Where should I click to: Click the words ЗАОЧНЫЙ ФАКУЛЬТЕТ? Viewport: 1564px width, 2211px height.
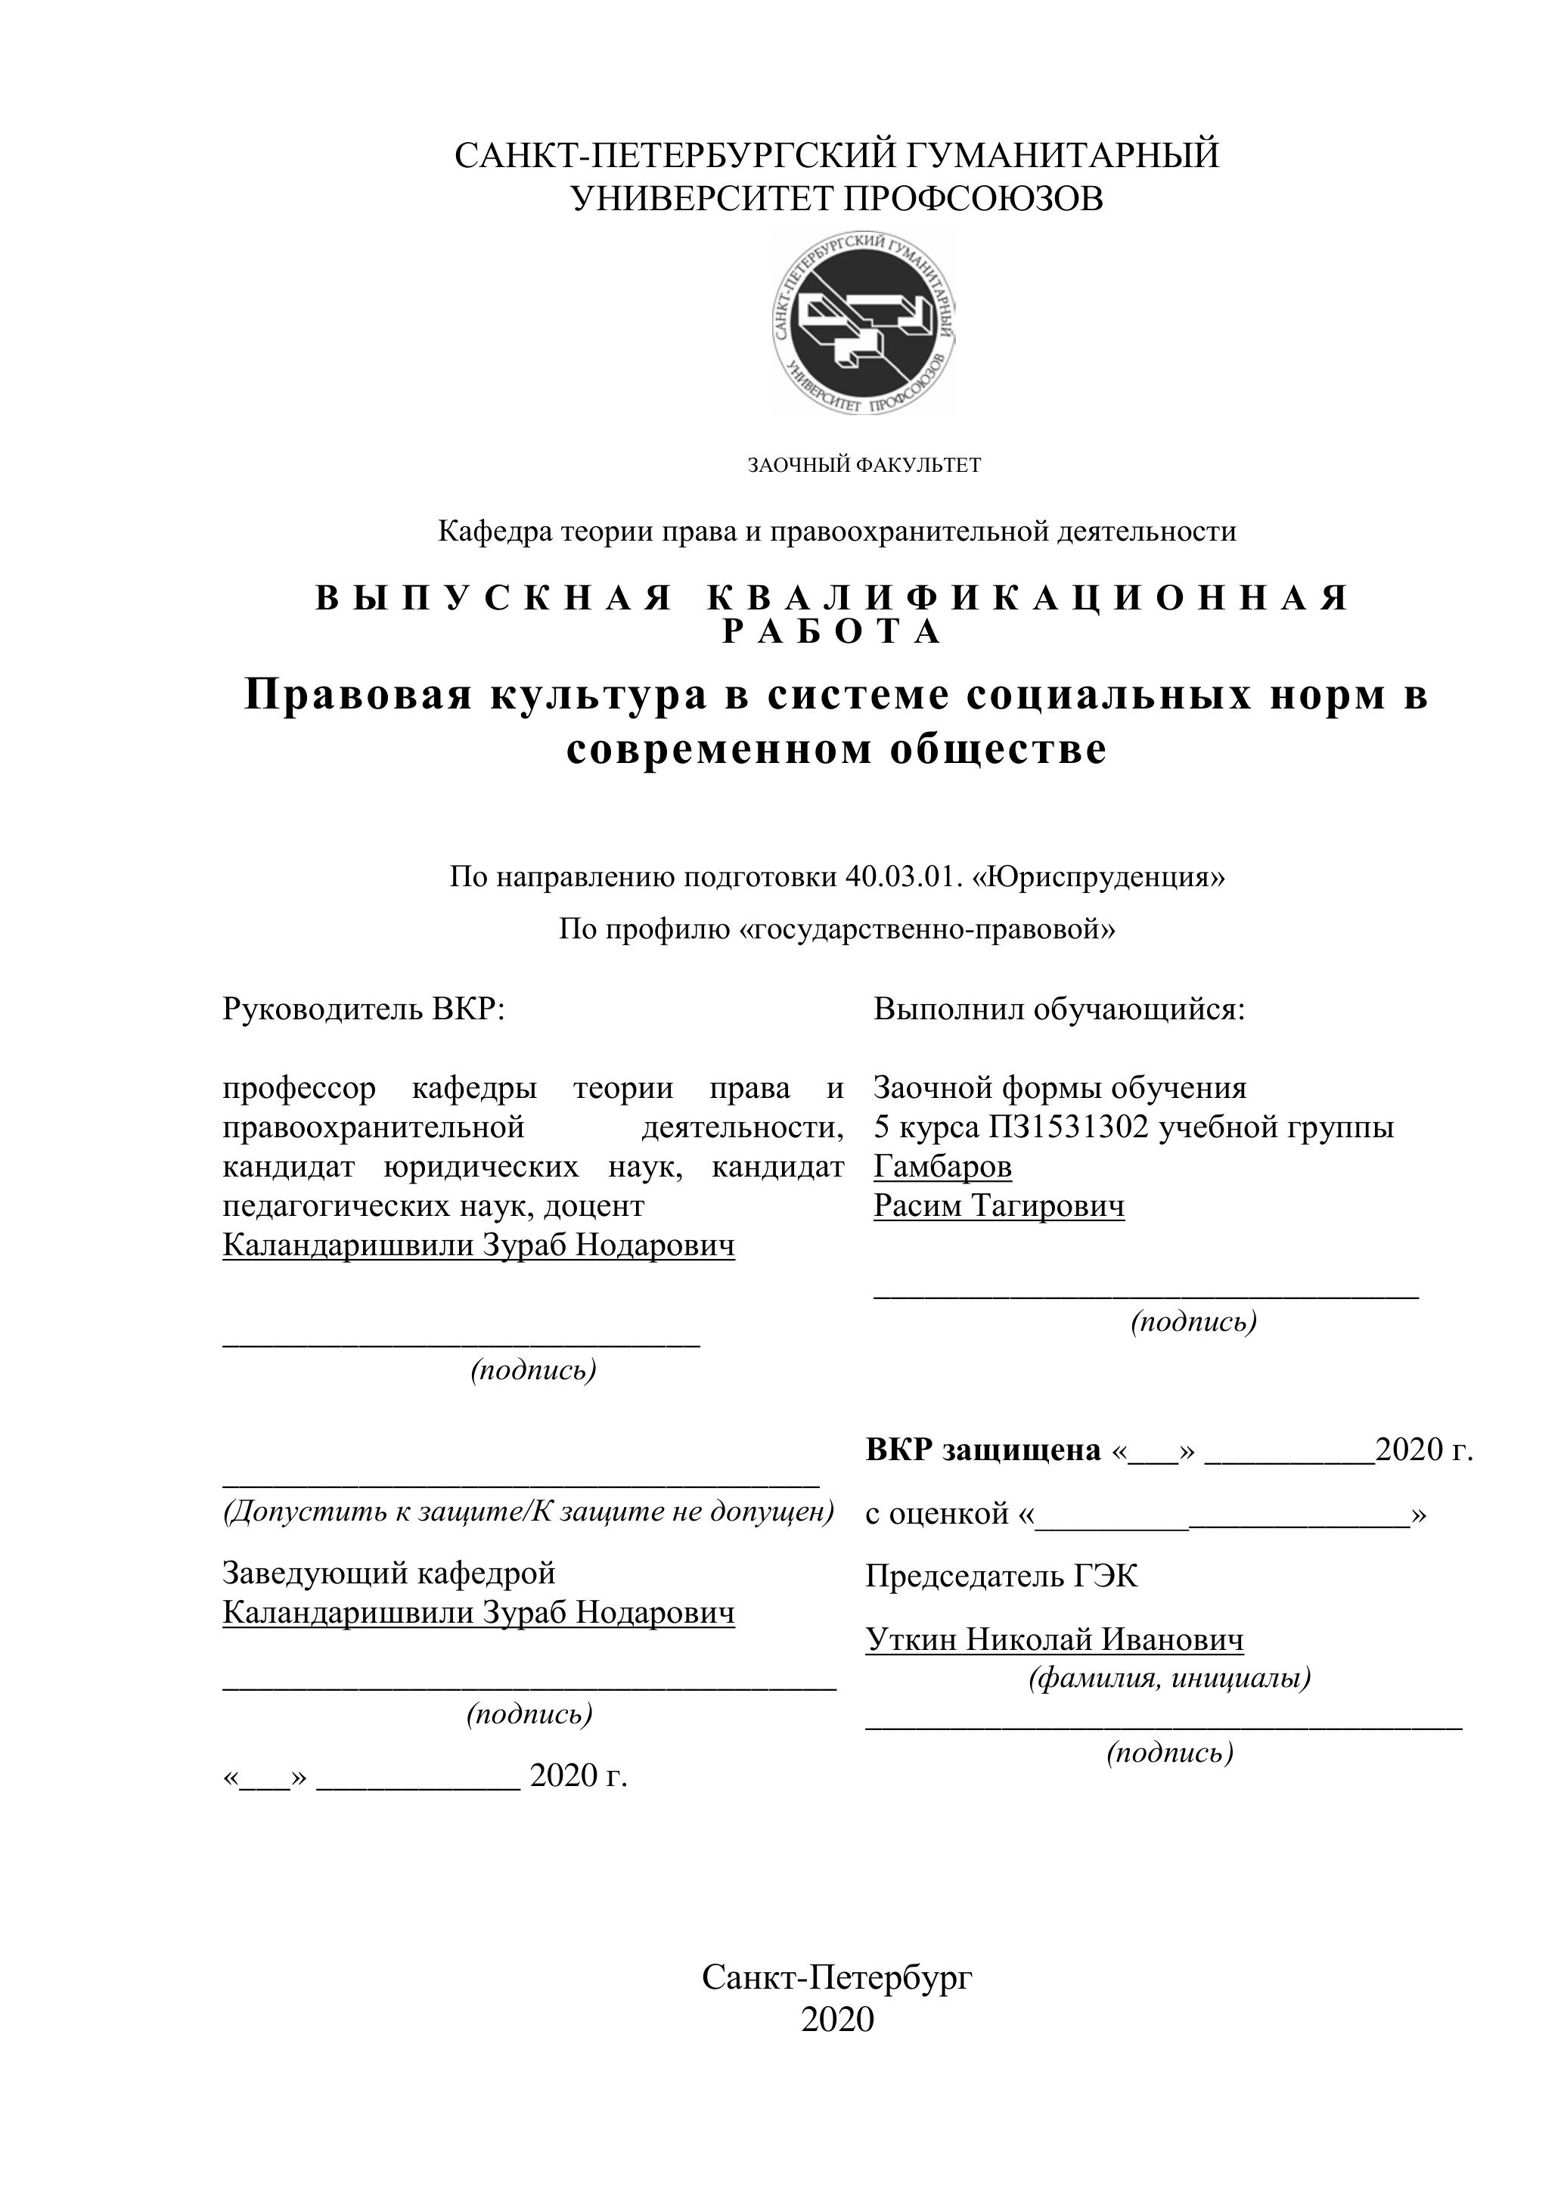864,465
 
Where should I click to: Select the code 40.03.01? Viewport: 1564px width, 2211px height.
903,877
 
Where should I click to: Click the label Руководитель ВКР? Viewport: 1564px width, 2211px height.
363,1009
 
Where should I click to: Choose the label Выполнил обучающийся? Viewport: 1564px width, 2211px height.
1058,1009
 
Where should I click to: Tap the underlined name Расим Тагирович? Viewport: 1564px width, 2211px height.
999,1205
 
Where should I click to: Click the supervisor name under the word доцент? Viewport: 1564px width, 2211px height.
478,1245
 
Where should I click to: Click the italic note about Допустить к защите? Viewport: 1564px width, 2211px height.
528,1511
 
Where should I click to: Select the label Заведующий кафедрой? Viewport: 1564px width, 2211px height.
389,1573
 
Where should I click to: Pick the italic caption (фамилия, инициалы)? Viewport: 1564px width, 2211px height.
1169,1679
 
